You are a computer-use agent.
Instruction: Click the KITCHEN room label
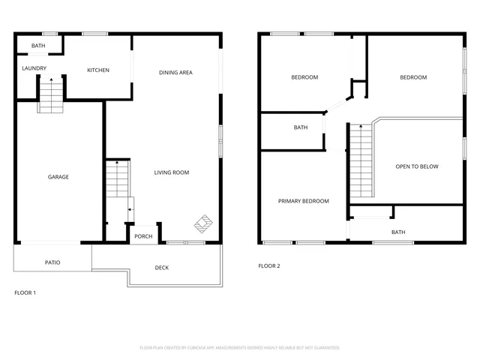(x=98, y=70)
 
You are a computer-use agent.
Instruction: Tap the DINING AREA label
(x=175, y=73)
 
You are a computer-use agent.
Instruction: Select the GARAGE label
(x=58, y=177)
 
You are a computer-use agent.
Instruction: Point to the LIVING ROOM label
(x=171, y=172)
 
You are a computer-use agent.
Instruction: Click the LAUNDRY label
(x=34, y=69)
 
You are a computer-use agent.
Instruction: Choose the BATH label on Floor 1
(x=37, y=46)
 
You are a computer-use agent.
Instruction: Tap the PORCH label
(x=142, y=237)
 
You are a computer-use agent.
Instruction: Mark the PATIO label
(x=52, y=262)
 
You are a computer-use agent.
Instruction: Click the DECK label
(x=162, y=267)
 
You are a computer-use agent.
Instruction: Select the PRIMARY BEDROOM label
(x=303, y=201)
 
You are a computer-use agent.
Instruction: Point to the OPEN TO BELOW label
(x=417, y=166)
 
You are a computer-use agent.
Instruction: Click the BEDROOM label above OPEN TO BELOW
(x=413, y=77)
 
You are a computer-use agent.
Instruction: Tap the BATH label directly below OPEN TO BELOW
(x=398, y=232)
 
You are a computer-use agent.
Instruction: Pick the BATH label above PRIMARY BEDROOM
(x=300, y=127)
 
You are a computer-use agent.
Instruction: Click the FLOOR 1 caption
(x=25, y=292)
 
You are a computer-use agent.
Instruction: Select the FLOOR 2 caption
(x=269, y=266)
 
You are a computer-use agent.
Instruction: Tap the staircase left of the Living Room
(x=117, y=180)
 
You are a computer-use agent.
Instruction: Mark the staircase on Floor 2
(x=361, y=160)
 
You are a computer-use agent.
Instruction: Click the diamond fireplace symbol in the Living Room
(x=203, y=223)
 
